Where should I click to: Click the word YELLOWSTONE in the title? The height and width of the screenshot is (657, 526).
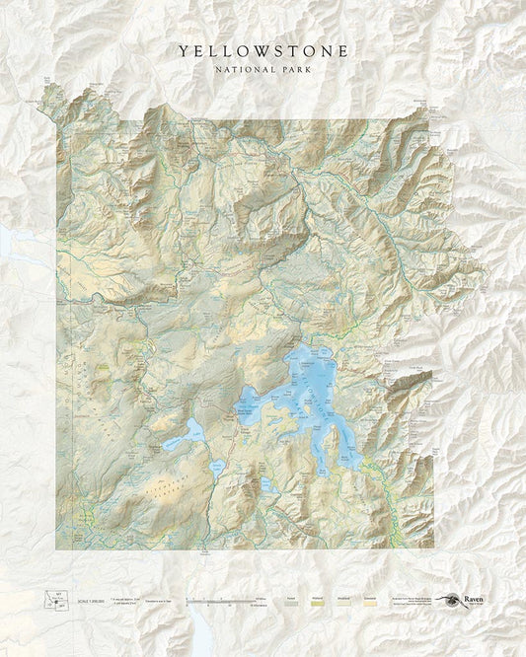point(262,50)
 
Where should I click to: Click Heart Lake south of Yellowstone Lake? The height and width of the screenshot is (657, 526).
point(267,484)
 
